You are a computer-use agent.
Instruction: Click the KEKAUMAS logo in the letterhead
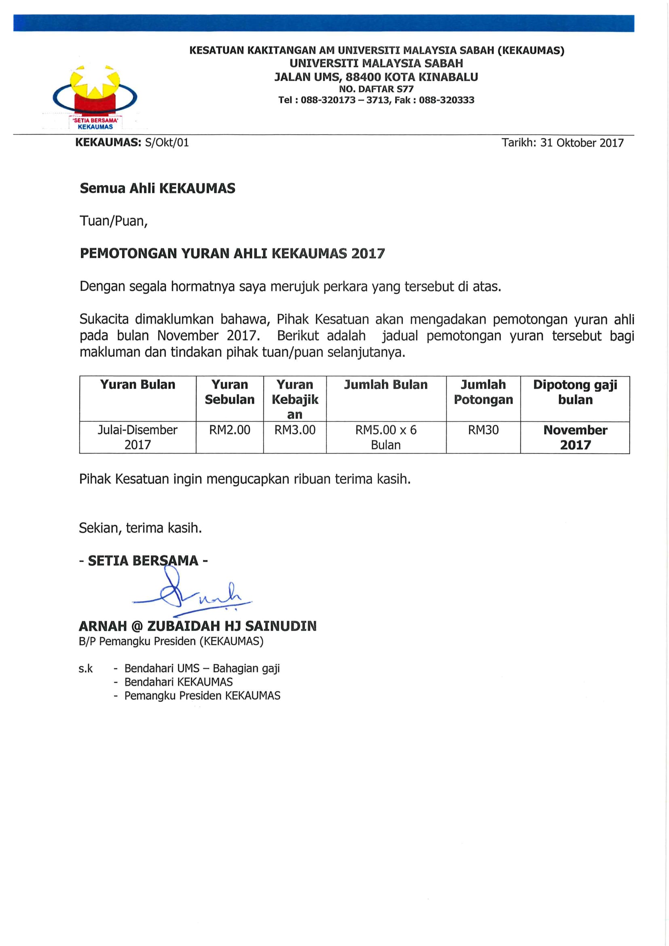point(95,97)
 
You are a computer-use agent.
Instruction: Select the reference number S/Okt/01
point(167,143)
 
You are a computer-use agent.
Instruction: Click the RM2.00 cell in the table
point(229,430)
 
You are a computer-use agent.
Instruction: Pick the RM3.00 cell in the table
point(295,430)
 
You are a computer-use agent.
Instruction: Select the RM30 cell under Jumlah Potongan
point(483,430)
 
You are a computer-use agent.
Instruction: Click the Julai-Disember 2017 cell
point(138,437)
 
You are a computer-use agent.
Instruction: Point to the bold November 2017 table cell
point(575,437)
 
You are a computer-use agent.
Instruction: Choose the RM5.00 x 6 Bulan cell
point(386,437)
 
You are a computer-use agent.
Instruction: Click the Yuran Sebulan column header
point(229,392)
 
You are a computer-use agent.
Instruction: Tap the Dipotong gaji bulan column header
point(575,392)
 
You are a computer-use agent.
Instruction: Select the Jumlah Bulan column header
point(386,385)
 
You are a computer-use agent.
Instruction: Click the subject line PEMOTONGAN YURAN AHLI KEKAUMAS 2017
point(232,254)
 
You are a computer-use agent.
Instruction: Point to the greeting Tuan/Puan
point(114,221)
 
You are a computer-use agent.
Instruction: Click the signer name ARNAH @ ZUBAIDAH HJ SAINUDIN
point(198,626)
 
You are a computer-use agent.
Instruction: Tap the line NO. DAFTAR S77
point(376,89)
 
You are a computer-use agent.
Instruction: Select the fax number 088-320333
point(447,100)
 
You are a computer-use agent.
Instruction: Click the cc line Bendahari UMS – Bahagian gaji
point(202,668)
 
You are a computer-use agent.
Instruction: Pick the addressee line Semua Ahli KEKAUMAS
point(157,188)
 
